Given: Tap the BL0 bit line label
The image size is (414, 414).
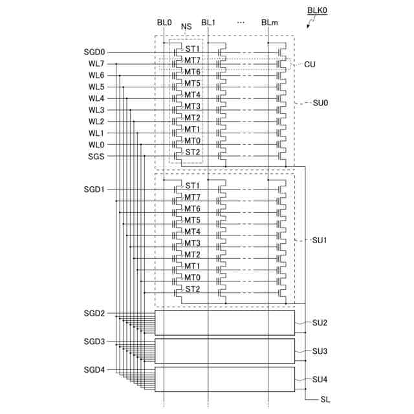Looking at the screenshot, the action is point(164,23).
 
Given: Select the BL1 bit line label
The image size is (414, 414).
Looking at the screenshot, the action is point(208,23).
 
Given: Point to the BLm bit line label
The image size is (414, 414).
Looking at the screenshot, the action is point(270,23).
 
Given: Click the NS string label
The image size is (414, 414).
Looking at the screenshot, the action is point(186,27).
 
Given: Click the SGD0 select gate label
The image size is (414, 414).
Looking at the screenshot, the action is point(94,52).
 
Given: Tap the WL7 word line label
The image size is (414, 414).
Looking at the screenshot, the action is point(96,63).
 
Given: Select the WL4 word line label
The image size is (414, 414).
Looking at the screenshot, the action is point(96,98).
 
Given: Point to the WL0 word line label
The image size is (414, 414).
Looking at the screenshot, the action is point(96,145).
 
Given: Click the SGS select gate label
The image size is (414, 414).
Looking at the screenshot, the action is point(96,157).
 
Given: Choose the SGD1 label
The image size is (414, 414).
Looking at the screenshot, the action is point(94,190).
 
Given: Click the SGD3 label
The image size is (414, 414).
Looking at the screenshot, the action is point(94,341).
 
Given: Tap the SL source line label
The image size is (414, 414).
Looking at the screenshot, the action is point(325,400).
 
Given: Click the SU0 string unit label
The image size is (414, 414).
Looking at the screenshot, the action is point(320,103).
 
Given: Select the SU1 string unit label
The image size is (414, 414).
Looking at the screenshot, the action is point(320,240).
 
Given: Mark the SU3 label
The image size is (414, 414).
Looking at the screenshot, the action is point(320,351).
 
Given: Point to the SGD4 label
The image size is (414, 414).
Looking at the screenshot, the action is point(94,369).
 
